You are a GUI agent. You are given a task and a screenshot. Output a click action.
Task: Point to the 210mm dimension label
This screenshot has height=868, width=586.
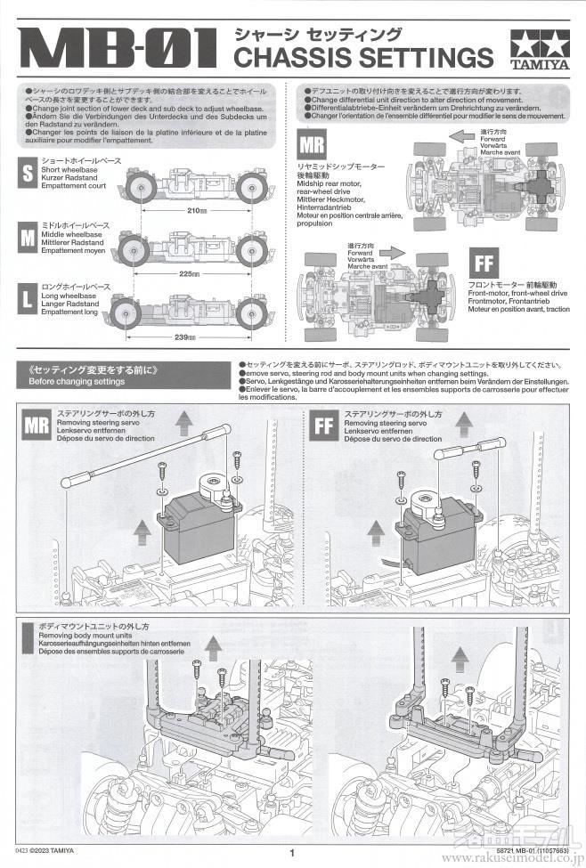click(197, 211)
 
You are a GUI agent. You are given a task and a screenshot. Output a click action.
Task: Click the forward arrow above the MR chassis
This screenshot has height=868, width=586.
click(461, 136)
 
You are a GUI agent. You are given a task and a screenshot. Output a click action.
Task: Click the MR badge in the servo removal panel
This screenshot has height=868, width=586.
click(37, 426)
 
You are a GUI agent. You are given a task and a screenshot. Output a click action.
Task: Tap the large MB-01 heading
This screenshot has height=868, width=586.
click(116, 49)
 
